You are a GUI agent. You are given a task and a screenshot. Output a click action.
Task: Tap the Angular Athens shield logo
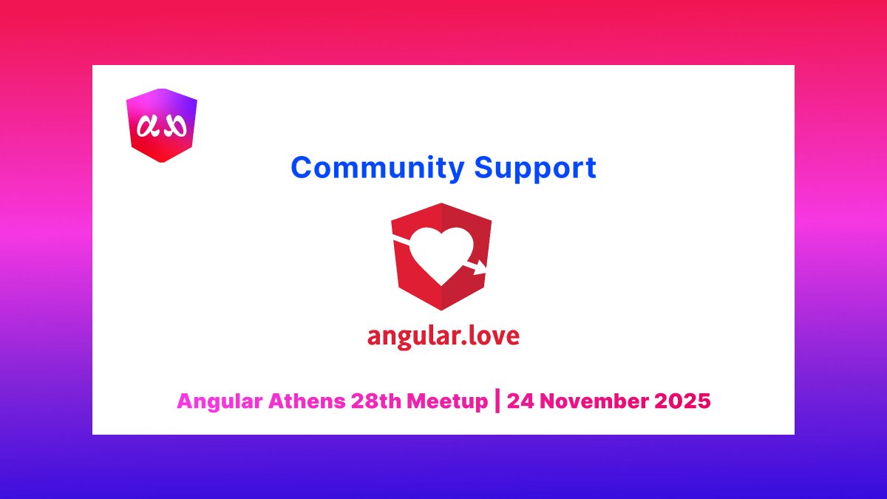(162, 125)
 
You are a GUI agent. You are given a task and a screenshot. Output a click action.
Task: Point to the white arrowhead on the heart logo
(480, 265)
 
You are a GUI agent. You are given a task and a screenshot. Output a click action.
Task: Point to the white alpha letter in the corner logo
(150, 128)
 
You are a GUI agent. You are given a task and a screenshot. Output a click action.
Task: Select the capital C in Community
(300, 168)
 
